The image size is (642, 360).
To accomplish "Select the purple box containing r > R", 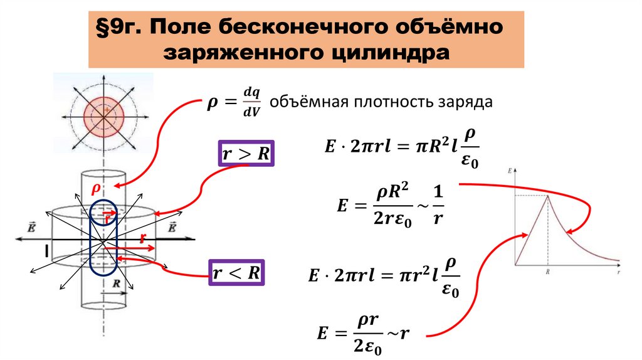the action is pyautogui.click(x=245, y=153).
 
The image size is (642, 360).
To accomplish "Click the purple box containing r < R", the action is pyautogui.click(x=236, y=273).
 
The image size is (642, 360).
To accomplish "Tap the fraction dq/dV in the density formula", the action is pyautogui.click(x=251, y=101).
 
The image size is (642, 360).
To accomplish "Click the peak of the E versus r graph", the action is pyautogui.click(x=549, y=195).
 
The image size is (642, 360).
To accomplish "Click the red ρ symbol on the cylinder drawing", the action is pyautogui.click(x=97, y=189).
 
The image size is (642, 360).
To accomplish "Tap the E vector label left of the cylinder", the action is pyautogui.click(x=30, y=227).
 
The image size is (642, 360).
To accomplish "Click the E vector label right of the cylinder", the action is pyautogui.click(x=172, y=227).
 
